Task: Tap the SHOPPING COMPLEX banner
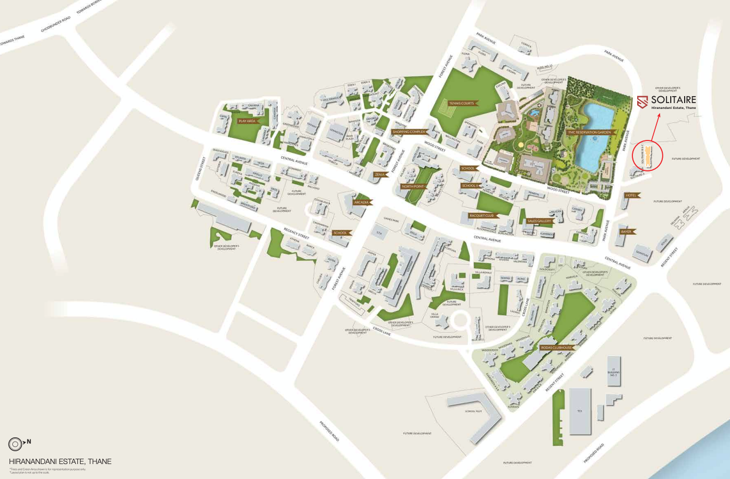point(409,132)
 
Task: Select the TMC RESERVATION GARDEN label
point(590,132)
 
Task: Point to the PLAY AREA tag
point(247,121)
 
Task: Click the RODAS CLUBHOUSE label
point(557,348)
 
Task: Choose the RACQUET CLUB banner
point(482,216)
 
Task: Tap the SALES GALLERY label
point(539,221)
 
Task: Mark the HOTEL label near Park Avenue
point(631,195)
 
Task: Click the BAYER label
point(626,232)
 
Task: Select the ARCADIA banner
point(362,202)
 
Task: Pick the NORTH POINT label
point(413,186)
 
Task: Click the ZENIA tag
point(380,175)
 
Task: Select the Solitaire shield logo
point(642,102)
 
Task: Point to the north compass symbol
point(15,443)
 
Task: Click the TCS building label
point(580,411)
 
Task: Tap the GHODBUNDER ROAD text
point(55,24)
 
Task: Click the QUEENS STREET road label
point(201,168)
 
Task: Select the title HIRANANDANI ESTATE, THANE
point(60,461)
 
